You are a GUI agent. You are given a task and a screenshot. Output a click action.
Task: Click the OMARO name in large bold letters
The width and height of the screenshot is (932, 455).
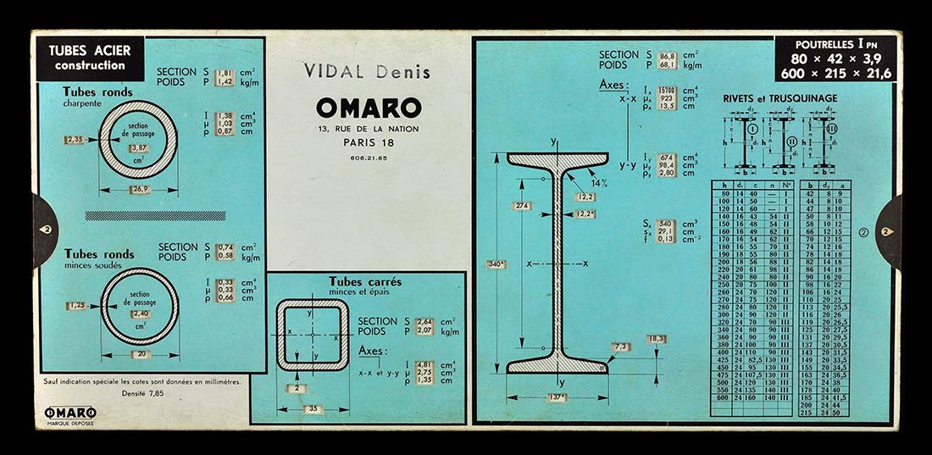point(368,108)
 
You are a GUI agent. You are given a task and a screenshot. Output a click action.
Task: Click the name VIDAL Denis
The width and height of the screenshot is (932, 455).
point(367,72)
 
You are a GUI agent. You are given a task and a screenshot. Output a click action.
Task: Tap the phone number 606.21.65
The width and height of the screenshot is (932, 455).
point(368,158)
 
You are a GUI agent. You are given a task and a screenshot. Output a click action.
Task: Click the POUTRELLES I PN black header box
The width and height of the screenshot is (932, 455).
point(838,58)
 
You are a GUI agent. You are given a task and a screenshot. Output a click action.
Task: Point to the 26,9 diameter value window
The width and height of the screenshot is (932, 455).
point(139,190)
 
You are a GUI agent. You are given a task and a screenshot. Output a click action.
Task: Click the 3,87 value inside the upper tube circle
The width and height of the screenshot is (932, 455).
point(137,147)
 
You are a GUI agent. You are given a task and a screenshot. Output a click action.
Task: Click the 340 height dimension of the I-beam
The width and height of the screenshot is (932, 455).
point(497,265)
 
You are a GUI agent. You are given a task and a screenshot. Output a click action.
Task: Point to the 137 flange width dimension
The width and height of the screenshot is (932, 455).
point(557,397)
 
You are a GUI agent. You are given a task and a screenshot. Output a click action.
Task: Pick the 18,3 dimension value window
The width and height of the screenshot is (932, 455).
point(655,339)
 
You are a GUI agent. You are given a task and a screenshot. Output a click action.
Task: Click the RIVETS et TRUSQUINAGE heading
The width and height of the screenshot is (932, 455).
point(779,98)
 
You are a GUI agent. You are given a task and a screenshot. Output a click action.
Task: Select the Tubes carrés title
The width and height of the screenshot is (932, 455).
point(364,281)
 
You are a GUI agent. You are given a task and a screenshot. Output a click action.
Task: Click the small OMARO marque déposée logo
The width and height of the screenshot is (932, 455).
point(70,414)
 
